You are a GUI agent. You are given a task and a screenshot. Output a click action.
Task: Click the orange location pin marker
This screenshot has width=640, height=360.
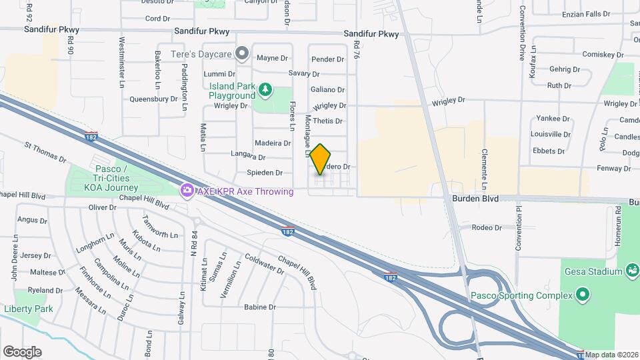pos(321,159)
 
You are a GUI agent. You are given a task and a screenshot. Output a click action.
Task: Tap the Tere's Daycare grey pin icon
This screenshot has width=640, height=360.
pos(243,52)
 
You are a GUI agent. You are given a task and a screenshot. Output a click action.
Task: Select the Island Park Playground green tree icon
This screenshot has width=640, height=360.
pos(265,89)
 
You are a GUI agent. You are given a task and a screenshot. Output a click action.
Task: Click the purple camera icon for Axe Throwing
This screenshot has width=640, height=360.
pos(187,191)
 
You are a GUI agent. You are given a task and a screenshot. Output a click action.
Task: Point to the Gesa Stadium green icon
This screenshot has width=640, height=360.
pos(631,271)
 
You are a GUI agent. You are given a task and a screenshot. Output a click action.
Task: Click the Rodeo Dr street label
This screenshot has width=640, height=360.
pos(487,228)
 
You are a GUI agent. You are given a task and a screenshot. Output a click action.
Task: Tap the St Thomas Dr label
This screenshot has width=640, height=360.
pos(45,151)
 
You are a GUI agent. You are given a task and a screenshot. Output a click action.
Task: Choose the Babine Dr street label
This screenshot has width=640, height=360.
pos(260,307)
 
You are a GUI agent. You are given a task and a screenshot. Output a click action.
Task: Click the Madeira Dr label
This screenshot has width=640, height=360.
pos(273,143)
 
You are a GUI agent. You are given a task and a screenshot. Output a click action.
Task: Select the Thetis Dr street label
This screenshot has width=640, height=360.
pos(327,121)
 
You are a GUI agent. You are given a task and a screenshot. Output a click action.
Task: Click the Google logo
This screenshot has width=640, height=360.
pos(22,351)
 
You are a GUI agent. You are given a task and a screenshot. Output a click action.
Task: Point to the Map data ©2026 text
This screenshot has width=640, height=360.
pos(612,355)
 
